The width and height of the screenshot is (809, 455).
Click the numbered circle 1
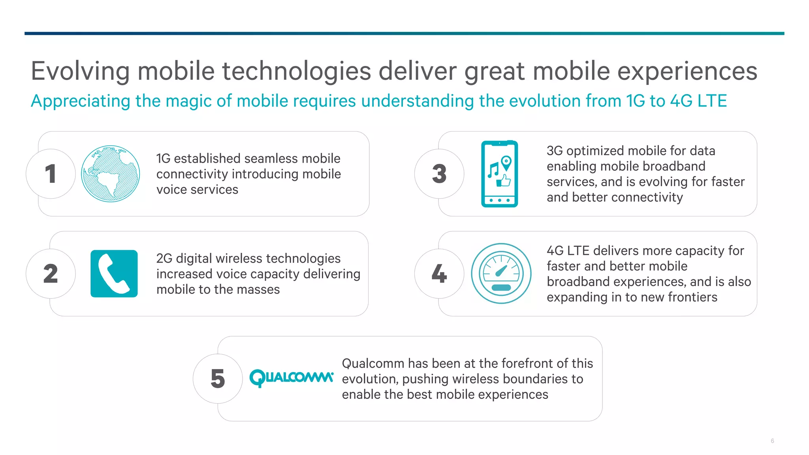[x=51, y=174]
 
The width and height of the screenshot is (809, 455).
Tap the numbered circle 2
[x=51, y=274]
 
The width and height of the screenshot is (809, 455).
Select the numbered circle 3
[x=439, y=174]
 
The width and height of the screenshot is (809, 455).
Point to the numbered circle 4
[x=439, y=274]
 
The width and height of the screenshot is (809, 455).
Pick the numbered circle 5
[x=218, y=379]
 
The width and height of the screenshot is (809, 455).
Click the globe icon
[x=110, y=174]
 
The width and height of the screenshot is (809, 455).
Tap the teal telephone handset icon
[x=114, y=274]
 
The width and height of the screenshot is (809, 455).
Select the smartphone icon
[x=499, y=174]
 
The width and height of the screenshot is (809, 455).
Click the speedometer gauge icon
[x=501, y=273]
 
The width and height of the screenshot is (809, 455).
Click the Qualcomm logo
[x=291, y=378]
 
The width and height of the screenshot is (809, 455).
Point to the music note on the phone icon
[x=493, y=170]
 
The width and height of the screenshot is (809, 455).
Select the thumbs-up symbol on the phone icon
[x=504, y=181]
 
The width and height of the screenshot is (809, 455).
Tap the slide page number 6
[x=772, y=441]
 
